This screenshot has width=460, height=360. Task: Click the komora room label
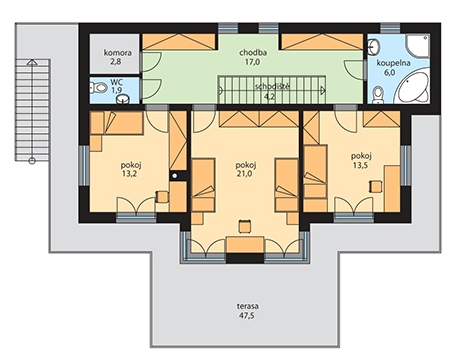(118, 53)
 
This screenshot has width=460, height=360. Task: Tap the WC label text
(116, 82)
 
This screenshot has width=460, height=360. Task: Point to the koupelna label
(393, 63)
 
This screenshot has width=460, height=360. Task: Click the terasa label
(248, 306)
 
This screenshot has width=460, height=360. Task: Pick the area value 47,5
(247, 315)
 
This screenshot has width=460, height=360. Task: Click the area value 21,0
(244, 174)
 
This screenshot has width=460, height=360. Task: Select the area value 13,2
(129, 174)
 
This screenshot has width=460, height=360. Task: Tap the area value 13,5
(361, 165)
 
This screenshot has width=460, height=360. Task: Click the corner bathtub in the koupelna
(412, 88)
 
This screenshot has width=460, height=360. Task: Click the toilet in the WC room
(98, 88)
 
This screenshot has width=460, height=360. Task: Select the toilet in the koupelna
(378, 94)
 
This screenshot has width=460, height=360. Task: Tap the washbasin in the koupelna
(374, 46)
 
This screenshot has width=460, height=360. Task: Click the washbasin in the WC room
(124, 99)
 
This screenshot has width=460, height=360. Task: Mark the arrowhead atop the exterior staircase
(32, 62)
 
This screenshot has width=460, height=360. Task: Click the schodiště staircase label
(272, 87)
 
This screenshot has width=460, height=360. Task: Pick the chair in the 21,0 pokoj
(245, 226)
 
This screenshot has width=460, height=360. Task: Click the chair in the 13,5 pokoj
(376, 186)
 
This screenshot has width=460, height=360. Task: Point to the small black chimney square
(174, 175)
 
